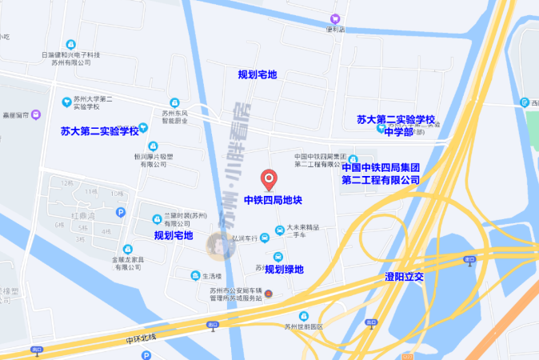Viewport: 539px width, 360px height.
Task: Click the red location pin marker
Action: point(269,178)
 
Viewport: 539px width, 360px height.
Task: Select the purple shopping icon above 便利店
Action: point(334,18)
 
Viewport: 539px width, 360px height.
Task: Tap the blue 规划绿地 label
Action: point(285,270)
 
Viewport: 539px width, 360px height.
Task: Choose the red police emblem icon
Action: point(268,294)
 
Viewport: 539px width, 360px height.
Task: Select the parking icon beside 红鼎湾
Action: point(121,212)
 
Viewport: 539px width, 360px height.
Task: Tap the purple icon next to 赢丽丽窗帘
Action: point(36,114)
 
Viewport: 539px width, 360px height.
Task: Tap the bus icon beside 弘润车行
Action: point(278,231)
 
